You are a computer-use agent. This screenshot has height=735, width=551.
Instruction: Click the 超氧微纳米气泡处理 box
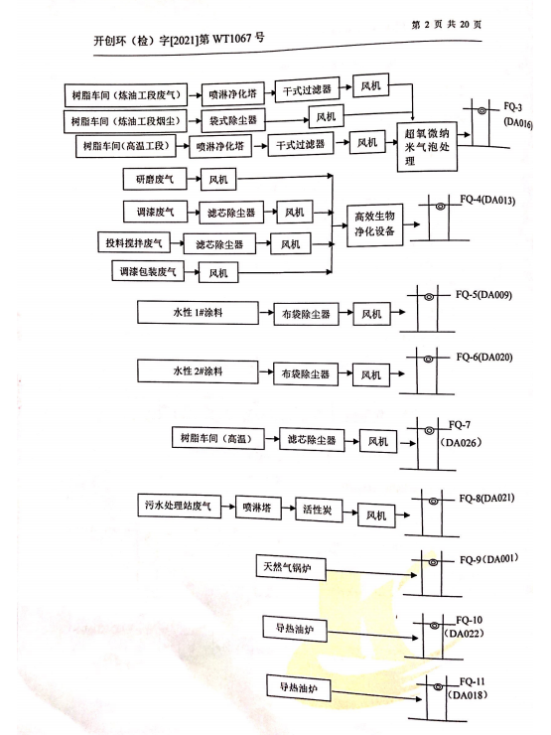tap(427, 147)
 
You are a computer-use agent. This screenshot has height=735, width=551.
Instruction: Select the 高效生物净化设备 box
tap(375, 225)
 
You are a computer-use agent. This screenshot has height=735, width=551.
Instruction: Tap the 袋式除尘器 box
tap(233, 120)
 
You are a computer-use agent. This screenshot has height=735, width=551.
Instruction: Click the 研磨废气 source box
tap(155, 179)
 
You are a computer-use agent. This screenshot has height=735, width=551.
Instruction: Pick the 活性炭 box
tap(319, 510)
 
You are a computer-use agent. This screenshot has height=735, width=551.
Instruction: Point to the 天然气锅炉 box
tap(291, 568)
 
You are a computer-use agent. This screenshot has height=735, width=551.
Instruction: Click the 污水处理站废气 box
tap(179, 506)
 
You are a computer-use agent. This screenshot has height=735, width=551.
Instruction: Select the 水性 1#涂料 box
tap(198, 313)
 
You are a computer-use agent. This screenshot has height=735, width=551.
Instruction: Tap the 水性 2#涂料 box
tap(198, 371)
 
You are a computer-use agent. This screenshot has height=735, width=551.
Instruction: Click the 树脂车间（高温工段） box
tap(126, 146)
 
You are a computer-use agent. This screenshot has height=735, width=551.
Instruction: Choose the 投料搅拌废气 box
tap(134, 242)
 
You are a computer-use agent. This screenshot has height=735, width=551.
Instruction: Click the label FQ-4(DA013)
tap(487, 201)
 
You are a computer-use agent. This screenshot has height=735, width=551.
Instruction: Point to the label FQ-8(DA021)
tap(486, 498)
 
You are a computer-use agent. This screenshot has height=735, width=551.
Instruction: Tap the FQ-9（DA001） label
tap(488, 559)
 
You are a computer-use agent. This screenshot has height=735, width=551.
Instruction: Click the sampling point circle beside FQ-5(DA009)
tap(429, 297)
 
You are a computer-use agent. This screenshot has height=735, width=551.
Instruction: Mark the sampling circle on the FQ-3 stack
tap(482, 110)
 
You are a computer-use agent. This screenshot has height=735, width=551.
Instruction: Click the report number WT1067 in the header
tap(232, 39)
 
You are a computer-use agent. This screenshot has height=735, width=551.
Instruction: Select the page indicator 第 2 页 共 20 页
tap(446, 25)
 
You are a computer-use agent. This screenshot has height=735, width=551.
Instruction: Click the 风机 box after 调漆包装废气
tap(217, 273)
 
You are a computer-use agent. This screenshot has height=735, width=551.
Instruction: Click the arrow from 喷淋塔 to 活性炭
tap(288, 508)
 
